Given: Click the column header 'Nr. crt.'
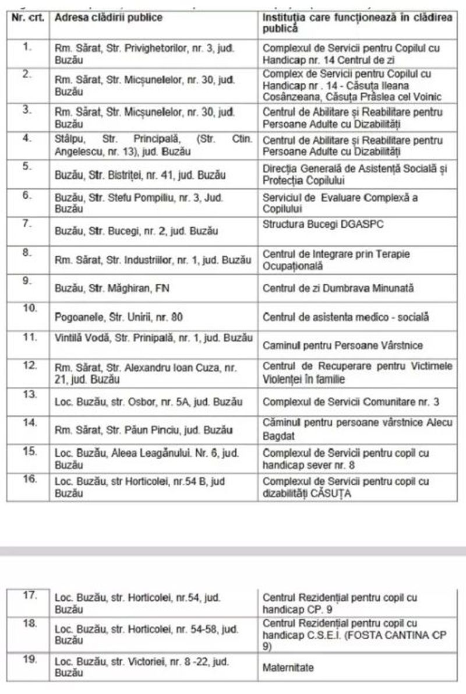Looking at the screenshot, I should [27, 17].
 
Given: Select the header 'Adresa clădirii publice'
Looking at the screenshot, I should [108, 17].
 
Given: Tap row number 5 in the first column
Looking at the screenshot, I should [26, 165].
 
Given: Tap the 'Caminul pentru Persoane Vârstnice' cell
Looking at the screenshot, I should [343, 346].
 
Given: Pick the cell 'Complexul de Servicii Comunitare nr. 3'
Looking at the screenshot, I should [351, 402].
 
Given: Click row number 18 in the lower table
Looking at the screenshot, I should [30, 623].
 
